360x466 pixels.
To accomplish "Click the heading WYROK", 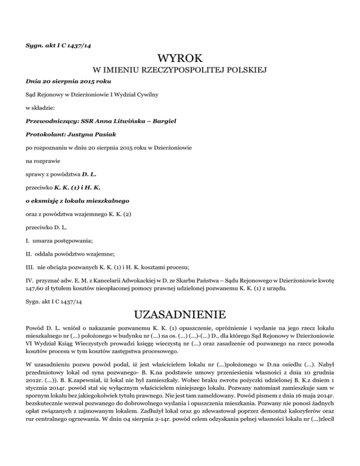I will [180, 59].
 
